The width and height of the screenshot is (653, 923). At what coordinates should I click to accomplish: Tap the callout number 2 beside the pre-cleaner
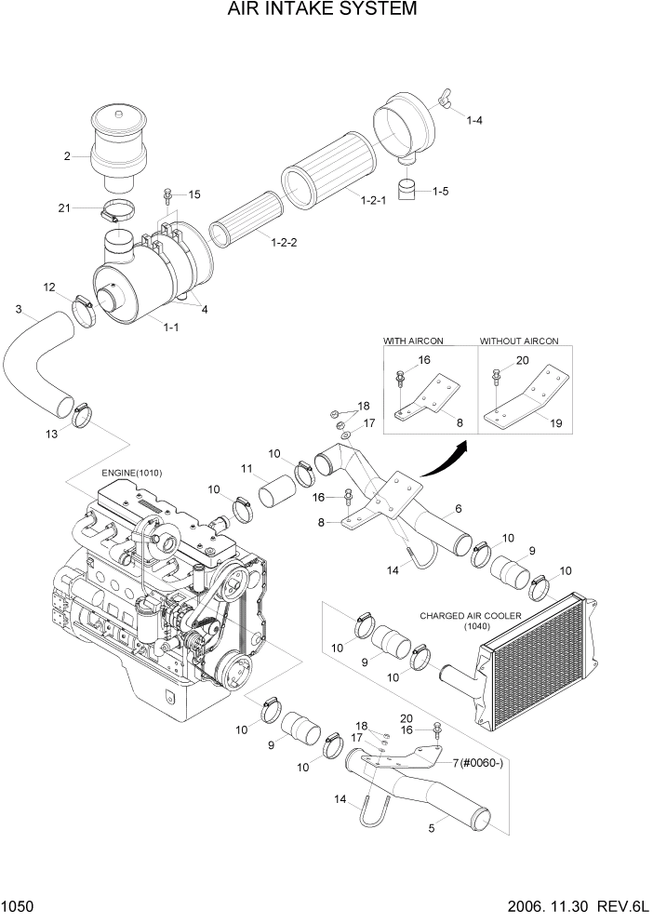pos(67,156)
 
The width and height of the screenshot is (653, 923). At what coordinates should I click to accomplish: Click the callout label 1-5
pos(440,192)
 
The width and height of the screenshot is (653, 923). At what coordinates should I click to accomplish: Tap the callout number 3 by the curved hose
pos(19,309)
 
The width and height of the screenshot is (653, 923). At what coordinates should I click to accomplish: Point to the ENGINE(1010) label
pos(132,473)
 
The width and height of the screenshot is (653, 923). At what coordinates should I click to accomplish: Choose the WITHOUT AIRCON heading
pos(519,341)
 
